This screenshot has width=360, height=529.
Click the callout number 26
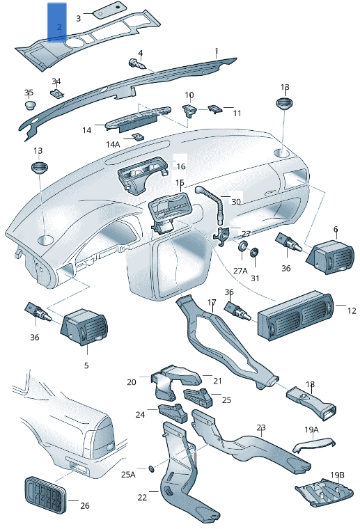pos(85,505)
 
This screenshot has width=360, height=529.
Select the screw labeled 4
pos(137,65)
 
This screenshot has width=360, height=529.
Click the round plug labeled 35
pos(30,105)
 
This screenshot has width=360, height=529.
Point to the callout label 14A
pos(113,144)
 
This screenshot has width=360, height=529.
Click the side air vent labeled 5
pos(84,326)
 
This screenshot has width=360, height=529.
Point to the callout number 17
pos(212,303)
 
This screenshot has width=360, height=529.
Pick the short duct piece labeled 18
pos(311,399)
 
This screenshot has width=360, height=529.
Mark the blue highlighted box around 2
pos(57,21)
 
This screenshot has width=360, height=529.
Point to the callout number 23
pos(260,427)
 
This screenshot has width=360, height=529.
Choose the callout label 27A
pos(240,271)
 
